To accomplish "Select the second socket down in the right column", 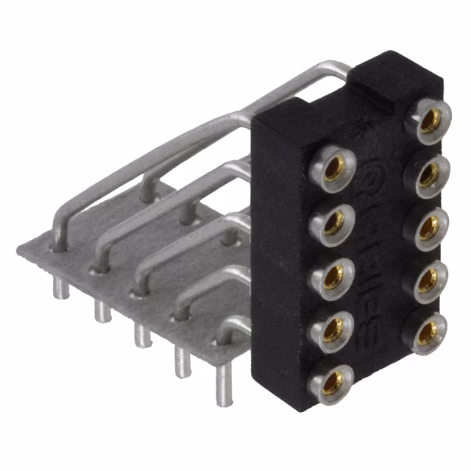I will [x=428, y=174].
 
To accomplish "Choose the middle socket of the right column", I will [x=428, y=227].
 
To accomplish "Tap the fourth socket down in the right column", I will [x=428, y=278].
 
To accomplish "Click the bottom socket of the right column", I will [x=427, y=330].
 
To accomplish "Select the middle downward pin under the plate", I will [x=141, y=335].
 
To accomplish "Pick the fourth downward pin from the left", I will [x=182, y=361].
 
